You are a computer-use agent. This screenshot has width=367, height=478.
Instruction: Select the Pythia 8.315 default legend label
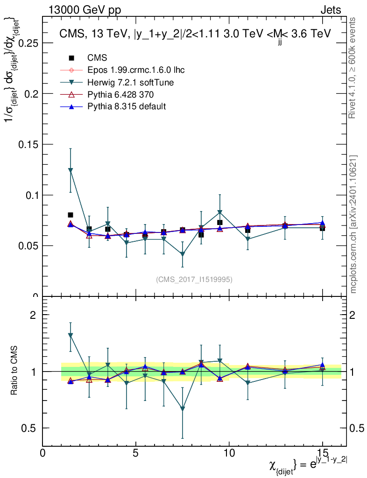pos(127,106)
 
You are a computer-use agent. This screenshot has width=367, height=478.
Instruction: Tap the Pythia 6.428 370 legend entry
pos(120,95)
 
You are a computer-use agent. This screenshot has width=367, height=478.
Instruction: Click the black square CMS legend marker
pos(71,58)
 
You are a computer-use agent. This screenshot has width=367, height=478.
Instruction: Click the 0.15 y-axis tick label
pos(27,144)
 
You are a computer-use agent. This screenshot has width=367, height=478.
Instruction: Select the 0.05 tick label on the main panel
pos(27,246)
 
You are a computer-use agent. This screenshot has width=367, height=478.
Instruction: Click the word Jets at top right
pos(330,10)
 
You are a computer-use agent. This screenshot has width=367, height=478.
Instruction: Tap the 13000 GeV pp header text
pos(85,10)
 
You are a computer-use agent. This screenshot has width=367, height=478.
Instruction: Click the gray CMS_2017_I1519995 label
pos(194,279)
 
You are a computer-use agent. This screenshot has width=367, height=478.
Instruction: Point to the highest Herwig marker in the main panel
pos(71,171)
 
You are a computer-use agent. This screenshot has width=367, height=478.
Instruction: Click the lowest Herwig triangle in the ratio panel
pos(183,409)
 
